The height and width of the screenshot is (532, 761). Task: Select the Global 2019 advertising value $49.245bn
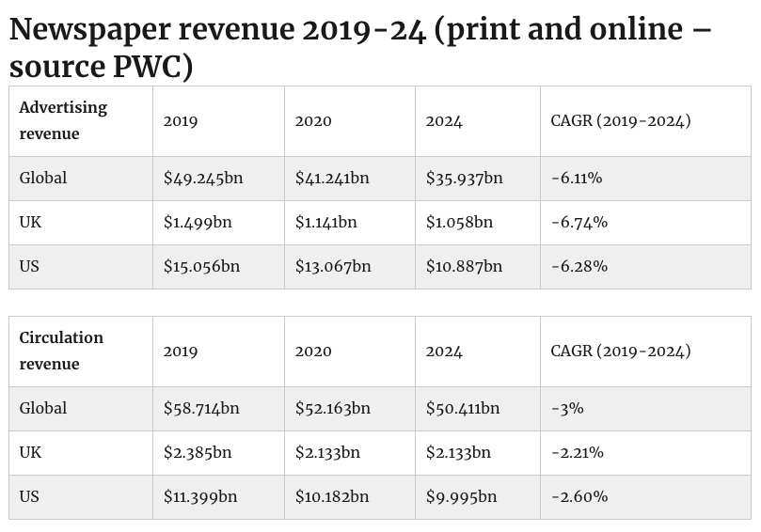202,178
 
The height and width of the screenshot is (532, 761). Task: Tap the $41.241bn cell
332,178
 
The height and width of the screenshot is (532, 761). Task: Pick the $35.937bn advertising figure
464,178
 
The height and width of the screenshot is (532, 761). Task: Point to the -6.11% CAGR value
577,178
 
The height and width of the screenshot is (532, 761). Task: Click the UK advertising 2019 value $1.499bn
198,222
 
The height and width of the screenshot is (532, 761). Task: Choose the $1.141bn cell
325,222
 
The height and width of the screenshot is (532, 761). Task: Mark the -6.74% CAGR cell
579,222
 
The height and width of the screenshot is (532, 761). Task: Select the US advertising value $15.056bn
201,266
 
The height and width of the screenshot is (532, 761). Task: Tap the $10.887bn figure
464,266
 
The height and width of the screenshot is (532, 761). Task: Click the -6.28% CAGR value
579,266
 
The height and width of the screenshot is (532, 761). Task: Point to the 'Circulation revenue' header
61,351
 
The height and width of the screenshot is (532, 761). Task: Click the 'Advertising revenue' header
63,120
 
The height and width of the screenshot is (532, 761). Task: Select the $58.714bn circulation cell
201,408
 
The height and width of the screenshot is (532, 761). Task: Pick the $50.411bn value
463,408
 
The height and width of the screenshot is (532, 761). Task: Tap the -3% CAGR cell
567,408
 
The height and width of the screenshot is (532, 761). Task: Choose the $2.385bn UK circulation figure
198,452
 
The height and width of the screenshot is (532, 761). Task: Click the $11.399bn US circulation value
200,496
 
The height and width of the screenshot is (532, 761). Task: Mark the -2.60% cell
579,496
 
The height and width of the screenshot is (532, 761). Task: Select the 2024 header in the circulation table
444,352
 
